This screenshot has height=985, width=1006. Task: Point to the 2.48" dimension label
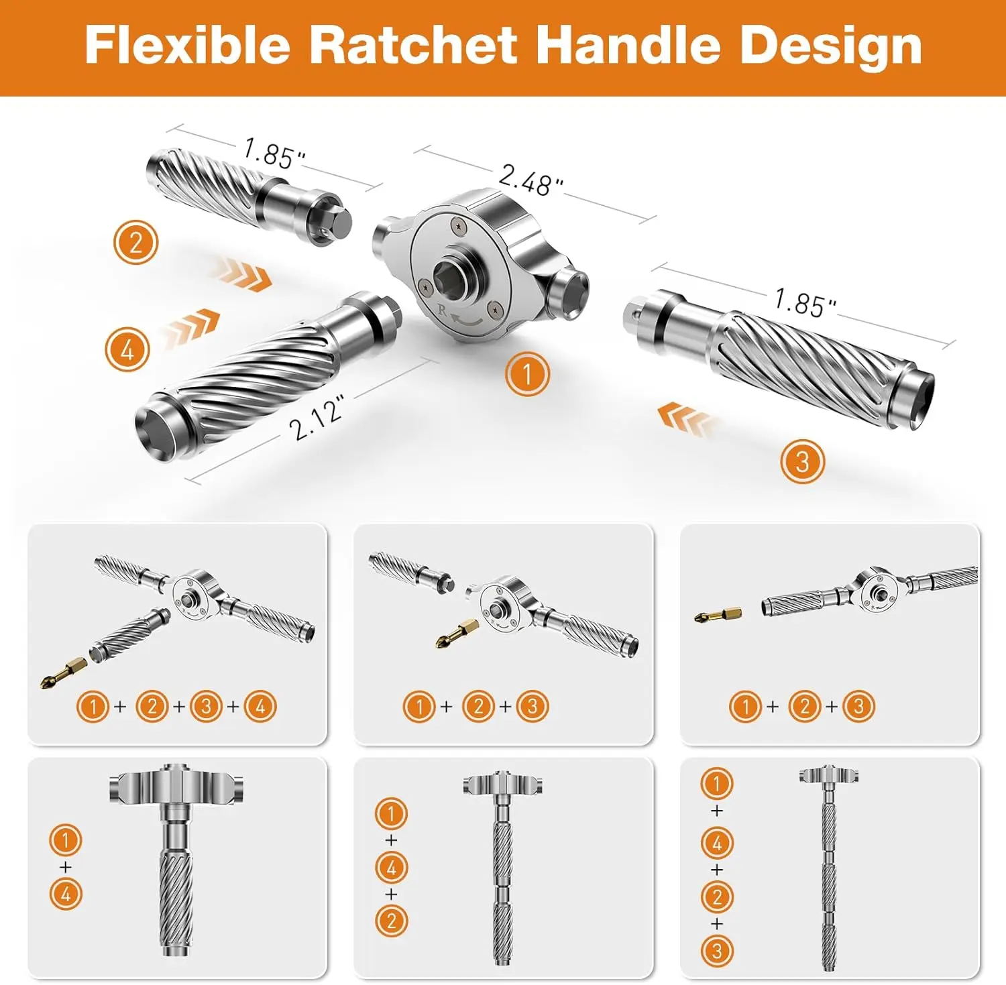point(530,180)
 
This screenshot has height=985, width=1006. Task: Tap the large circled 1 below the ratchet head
point(527,373)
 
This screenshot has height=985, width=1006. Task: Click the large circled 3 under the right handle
point(802,461)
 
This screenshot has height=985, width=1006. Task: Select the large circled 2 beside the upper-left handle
point(135,242)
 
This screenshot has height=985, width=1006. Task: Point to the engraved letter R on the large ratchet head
point(441,310)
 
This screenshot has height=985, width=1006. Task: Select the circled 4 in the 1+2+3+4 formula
point(260,706)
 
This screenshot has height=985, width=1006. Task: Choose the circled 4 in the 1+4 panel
point(66,894)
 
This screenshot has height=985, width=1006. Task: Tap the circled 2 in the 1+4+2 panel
point(392,921)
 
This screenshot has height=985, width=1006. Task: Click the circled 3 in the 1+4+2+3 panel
point(717,951)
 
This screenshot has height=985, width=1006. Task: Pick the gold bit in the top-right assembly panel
point(717,614)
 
